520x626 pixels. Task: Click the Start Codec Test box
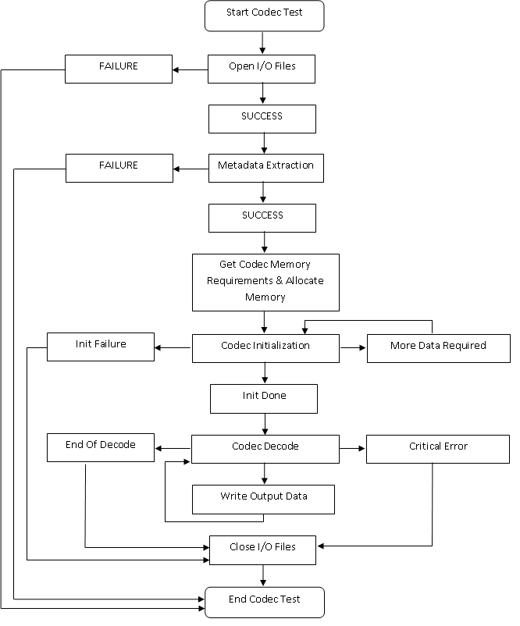(264, 16)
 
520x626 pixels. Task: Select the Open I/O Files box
(262, 69)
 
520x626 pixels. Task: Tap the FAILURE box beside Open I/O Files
(118, 69)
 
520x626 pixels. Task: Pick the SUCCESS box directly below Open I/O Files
(262, 119)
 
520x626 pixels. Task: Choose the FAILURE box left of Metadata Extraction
(119, 168)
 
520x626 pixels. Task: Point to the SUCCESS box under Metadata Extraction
(262, 218)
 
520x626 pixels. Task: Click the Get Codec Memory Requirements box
(265, 281)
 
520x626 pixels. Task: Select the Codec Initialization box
(265, 347)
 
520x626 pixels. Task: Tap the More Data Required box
(438, 347)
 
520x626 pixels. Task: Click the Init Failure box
(101, 347)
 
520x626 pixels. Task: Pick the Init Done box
(264, 398)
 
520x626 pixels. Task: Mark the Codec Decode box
(265, 448)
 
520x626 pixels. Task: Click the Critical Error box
(438, 448)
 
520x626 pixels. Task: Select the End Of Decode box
(101, 447)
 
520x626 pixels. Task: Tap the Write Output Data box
(263, 499)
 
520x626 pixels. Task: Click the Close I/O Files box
(262, 549)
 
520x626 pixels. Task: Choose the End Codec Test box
(264, 602)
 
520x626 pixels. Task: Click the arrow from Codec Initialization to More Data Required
(353, 347)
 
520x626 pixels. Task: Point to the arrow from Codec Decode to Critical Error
(353, 448)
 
